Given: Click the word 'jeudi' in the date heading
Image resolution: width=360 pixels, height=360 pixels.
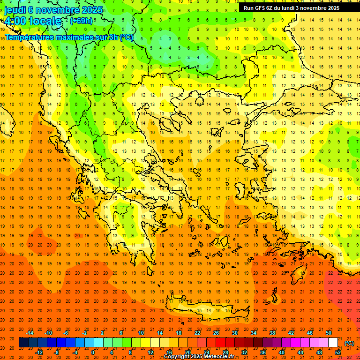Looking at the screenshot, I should click(15, 9).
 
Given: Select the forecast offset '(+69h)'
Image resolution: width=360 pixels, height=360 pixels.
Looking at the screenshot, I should click(81, 21).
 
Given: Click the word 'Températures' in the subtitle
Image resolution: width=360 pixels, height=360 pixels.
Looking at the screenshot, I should click(29, 37).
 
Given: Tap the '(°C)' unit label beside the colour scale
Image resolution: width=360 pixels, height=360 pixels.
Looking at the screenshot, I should click(349, 343).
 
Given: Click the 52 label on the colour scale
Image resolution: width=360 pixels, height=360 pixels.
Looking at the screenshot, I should click(338, 352).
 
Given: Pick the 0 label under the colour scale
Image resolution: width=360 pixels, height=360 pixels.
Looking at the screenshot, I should click(93, 352).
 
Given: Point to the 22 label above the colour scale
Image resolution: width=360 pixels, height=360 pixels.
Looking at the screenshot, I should click(197, 333).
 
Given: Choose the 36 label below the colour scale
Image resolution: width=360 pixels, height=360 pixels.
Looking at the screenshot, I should click(262, 352).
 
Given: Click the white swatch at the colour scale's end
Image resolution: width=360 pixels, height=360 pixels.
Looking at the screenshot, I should click(333, 343).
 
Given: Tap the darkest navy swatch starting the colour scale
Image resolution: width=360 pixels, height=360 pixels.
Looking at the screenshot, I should click(23, 343).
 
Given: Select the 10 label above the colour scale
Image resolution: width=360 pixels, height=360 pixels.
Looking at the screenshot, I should click(141, 333).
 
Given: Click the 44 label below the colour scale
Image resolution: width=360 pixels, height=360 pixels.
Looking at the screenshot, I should click(300, 352).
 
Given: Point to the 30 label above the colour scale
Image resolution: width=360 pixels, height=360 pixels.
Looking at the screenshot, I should click(235, 333).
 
